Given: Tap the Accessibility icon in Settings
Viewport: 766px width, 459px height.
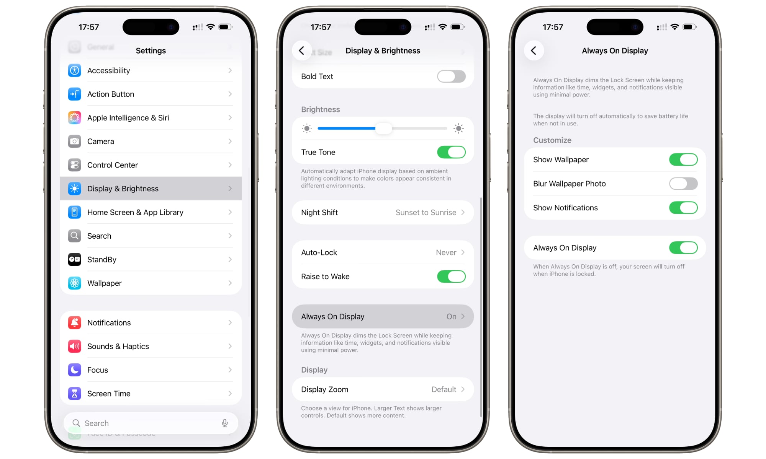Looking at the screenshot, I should coord(74,70).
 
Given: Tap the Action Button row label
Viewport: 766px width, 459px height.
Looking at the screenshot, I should coord(111,94).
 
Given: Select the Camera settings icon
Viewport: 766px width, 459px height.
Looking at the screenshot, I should coord(74,142).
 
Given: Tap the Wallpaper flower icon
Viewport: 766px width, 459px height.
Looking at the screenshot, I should coord(74,283).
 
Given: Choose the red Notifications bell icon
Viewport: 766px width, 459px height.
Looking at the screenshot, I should coord(74,323).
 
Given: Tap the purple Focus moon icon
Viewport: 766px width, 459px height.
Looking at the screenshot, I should coord(74,370).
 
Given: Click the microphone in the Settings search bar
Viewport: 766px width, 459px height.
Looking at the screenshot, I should coord(225,423).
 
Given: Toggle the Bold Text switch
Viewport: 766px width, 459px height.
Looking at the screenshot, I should coord(451,76).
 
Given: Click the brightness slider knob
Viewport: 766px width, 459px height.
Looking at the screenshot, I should coord(383,129).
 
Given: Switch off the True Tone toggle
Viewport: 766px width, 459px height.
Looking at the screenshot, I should coord(451,152).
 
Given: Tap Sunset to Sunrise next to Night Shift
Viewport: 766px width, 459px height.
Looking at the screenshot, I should coord(426,213).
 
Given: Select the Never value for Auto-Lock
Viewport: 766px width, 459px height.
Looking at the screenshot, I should coord(446,252).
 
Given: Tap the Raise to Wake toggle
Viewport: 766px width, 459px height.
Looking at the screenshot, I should coord(451,277).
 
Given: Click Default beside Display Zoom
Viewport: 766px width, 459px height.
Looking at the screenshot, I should coord(444,389).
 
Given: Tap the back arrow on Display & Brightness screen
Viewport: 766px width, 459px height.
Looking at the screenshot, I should coord(302,50).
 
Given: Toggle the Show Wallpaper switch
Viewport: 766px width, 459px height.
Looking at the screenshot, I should coord(683,160).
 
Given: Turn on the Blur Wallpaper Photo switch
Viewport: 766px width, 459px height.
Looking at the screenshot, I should coord(683,184).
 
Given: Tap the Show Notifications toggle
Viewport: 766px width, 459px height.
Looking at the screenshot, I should coord(683,208).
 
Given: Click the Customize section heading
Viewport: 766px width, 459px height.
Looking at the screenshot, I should coord(552,140).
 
